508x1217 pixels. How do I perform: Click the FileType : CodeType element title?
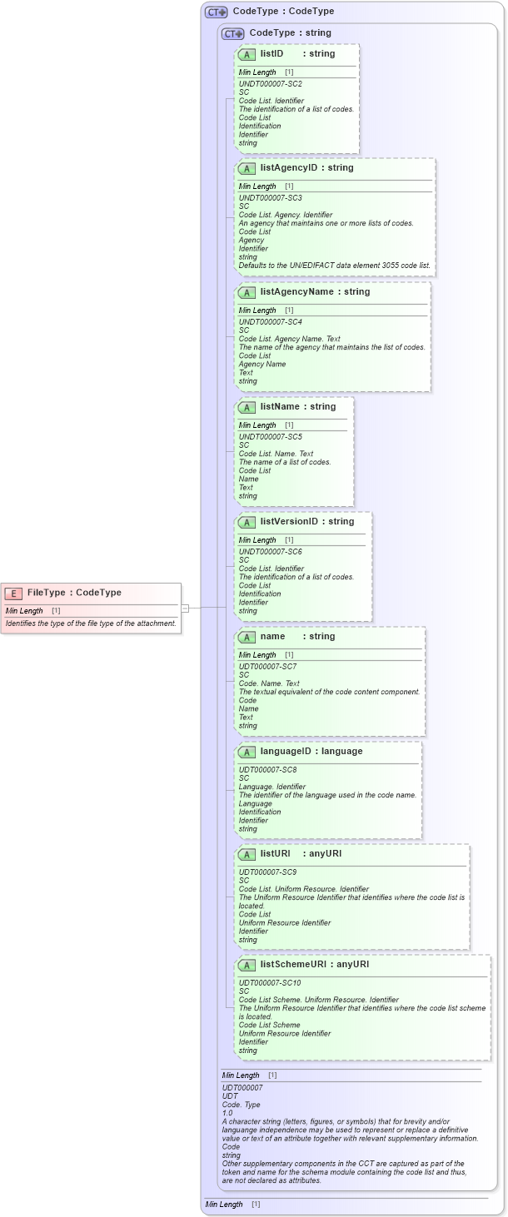click(74, 593)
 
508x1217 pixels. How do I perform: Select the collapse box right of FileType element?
click(186, 608)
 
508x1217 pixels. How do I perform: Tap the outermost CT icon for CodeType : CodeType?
click(217, 12)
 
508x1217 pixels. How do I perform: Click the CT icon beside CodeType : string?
click(232, 33)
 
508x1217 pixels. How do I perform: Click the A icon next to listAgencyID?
click(247, 168)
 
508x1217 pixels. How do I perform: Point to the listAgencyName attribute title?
click(315, 292)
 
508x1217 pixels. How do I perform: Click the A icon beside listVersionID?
click(247, 522)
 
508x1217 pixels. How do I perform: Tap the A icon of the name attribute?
click(247, 637)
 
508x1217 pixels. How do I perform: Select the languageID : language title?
click(311, 752)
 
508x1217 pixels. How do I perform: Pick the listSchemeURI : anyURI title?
click(314, 965)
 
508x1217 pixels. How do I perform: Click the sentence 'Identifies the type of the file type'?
click(91, 623)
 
